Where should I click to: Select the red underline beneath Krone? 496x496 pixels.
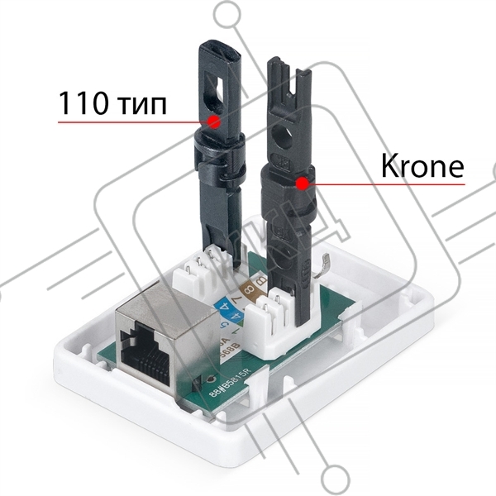click(389, 184)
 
